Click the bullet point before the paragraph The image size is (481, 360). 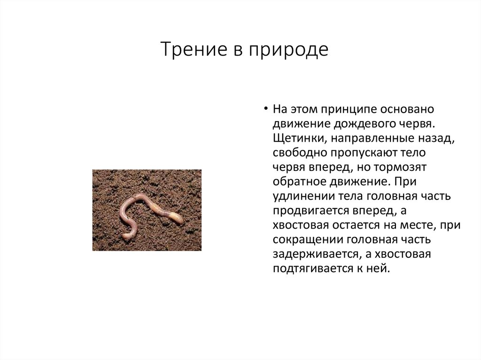click(265, 109)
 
